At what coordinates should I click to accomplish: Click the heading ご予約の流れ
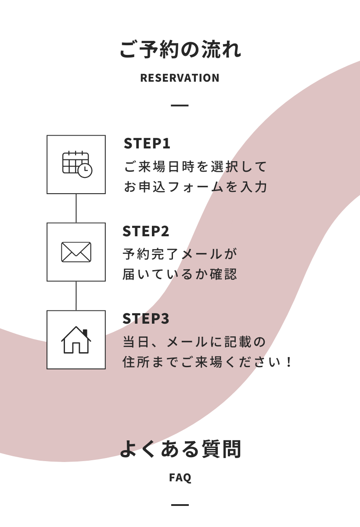[x=180, y=50]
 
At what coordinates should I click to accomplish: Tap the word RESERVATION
[x=180, y=78]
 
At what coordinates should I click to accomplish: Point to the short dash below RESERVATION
[x=180, y=105]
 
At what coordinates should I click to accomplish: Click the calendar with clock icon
[x=76, y=164]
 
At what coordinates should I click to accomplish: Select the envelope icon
[x=76, y=252]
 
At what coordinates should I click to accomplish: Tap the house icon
[x=76, y=340]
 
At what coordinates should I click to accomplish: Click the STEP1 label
[x=147, y=144]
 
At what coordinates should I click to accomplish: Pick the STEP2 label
[x=146, y=231]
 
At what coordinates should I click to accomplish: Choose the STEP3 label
[x=146, y=318]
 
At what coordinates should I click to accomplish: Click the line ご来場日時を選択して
[x=196, y=167]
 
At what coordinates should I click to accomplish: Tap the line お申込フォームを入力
[x=196, y=187]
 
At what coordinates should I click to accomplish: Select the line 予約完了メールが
[x=180, y=254]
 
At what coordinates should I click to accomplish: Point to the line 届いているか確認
[x=180, y=274]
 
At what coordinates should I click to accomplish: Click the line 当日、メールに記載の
[x=194, y=342]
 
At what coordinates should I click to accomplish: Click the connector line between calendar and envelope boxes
[x=76, y=208]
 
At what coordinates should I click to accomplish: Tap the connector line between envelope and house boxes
[x=76, y=296]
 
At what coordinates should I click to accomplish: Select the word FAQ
[x=180, y=478]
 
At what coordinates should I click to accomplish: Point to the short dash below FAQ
[x=180, y=505]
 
